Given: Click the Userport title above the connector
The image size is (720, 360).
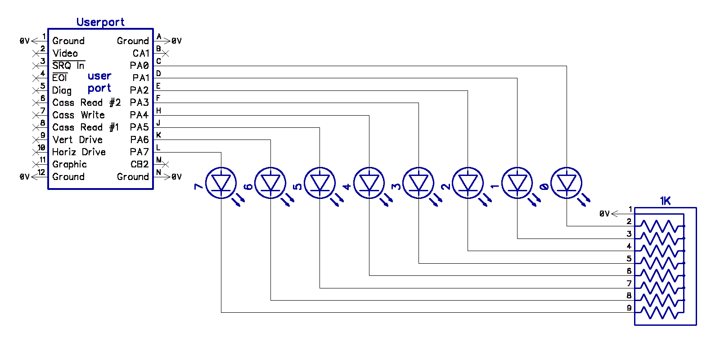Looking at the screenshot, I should point(100,22).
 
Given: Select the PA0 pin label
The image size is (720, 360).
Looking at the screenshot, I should point(139,66).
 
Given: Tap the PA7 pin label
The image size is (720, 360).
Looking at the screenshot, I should point(139,152).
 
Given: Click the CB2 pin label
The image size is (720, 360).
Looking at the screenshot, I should point(139,164).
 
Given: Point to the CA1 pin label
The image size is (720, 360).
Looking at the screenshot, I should point(141,53).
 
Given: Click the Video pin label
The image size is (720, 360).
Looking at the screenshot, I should point(65,53).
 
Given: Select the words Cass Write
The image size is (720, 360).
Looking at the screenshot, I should point(78,115).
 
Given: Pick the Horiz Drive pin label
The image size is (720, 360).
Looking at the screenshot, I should point(79,152).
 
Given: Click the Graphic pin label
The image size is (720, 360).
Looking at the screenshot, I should point(69,165).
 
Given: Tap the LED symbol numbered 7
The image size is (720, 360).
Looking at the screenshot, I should point(221,183).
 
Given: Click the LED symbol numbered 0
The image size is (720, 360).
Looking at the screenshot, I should point(566,183).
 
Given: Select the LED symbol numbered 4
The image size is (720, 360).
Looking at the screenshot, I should point(369,183).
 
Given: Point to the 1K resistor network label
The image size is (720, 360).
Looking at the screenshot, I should point(665,201).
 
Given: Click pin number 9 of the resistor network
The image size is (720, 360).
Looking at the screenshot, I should point(629,308).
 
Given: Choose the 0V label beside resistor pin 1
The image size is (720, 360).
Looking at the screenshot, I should point(604,214).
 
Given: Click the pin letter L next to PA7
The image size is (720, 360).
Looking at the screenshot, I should point(158,148).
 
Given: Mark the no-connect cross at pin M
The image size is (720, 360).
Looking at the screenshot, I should point(166,164).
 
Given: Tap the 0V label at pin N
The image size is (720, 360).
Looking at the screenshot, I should point(176,177).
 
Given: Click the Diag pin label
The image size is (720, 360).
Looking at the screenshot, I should point(62,90).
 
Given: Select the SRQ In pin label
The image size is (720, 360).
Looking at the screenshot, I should point(68,66).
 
